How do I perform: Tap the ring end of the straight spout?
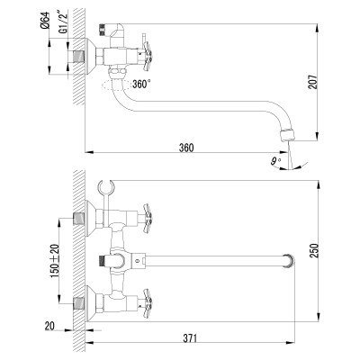pos(288,261)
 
